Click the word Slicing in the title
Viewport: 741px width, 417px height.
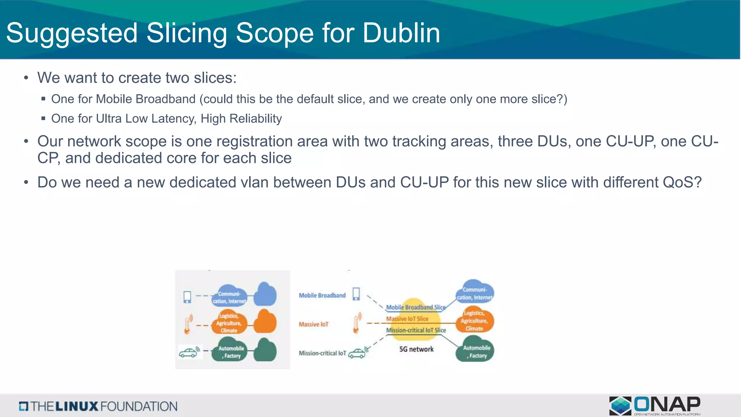point(186,33)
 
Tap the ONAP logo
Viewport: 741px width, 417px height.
point(655,405)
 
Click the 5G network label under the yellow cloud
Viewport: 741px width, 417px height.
point(416,349)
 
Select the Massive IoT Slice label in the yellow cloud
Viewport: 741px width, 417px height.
point(407,319)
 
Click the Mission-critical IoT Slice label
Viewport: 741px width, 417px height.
point(416,330)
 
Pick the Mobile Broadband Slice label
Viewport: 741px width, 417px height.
point(416,307)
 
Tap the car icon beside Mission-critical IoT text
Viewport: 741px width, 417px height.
point(358,353)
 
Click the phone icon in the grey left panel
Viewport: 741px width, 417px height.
point(187,297)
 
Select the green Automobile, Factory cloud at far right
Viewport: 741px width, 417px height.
point(475,351)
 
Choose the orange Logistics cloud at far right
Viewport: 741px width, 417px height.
point(474,320)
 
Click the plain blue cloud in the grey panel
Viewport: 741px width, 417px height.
point(265,294)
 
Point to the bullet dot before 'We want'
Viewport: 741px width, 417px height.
point(26,78)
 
